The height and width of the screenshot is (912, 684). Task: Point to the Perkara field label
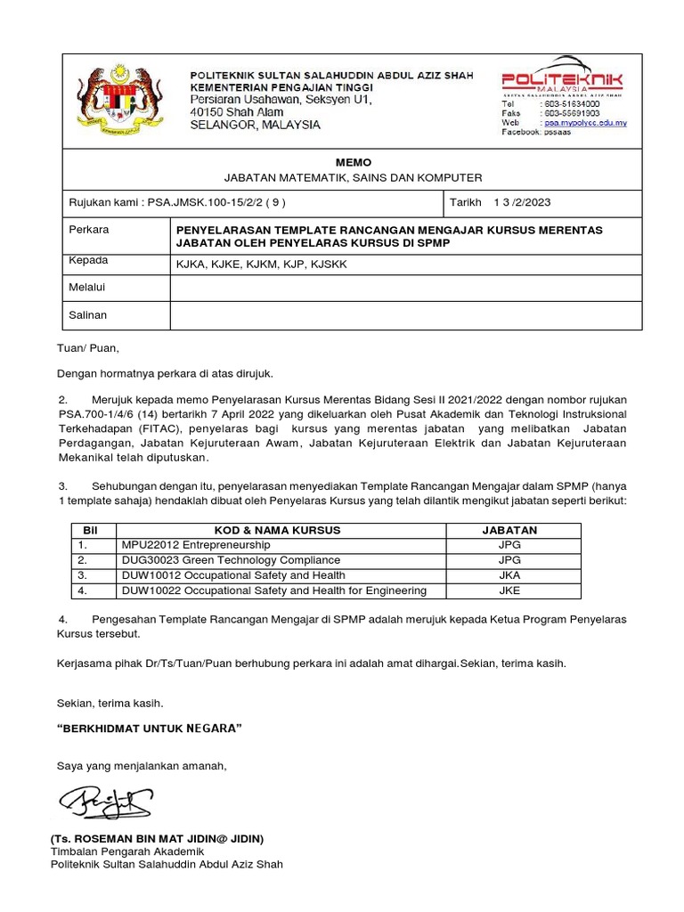pos(89,230)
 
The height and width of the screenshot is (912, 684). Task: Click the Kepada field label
pos(88,261)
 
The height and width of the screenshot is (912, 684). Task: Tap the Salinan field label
pos(88,315)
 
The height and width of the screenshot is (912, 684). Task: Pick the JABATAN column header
pos(509,530)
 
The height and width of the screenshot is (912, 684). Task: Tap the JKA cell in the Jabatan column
pos(509,575)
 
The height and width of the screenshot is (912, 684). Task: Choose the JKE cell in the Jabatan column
pos(509,590)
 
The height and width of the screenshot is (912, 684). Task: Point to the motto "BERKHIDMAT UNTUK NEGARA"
pos(150,729)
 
